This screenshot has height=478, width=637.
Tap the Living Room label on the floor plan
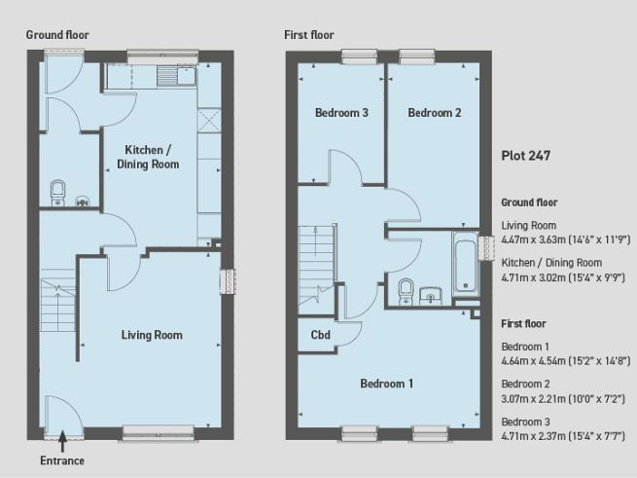coord(152,335)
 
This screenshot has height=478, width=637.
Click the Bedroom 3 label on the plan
coord(340,113)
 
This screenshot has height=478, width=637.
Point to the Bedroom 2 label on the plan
coord(434,113)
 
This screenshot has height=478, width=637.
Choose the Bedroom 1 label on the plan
coord(386,384)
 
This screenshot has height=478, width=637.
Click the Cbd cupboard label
coord(320,336)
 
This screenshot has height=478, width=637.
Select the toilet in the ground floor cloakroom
coord(57,189)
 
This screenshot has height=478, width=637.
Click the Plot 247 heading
coord(526,155)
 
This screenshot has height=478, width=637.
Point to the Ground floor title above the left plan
coord(57,35)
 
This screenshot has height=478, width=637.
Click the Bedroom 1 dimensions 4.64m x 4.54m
coord(564,359)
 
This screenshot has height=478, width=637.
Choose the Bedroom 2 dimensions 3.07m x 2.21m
coord(563,396)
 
